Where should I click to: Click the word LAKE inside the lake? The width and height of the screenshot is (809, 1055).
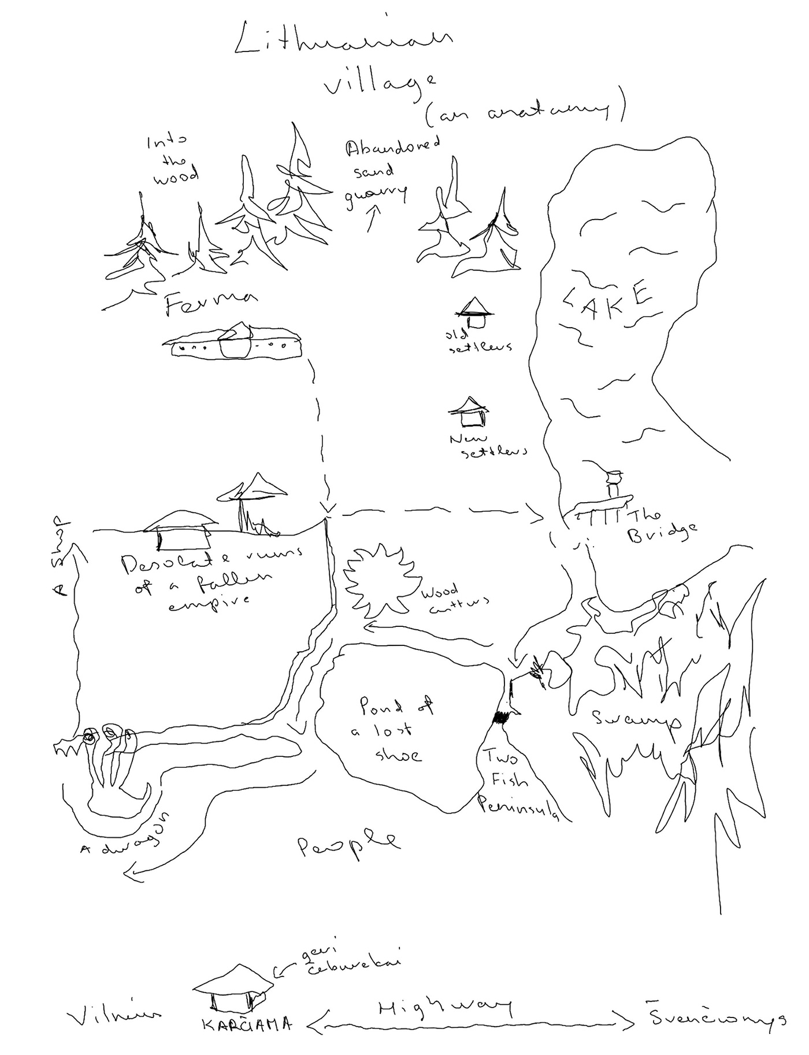pos(607,298)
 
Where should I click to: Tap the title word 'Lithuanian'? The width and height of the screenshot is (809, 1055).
pos(342,42)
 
